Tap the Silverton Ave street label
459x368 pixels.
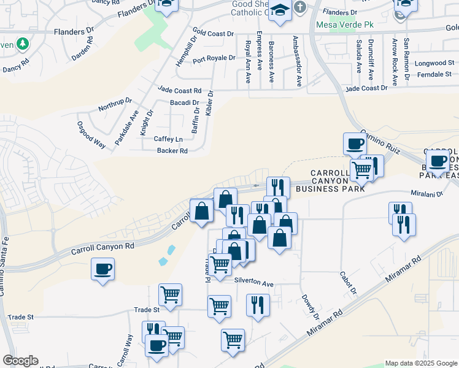[x=253, y=283]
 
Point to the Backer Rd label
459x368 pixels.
[x=172, y=151]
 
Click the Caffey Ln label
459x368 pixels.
[x=168, y=139]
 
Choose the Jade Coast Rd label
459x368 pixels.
[x=179, y=90]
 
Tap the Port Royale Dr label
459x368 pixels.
[x=214, y=59]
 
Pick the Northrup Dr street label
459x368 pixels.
[x=115, y=105]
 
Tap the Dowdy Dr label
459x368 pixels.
[x=310, y=306]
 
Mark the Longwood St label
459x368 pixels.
[x=434, y=63]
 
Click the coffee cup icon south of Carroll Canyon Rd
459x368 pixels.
[x=102, y=268]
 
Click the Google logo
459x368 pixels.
[x=20, y=361]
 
